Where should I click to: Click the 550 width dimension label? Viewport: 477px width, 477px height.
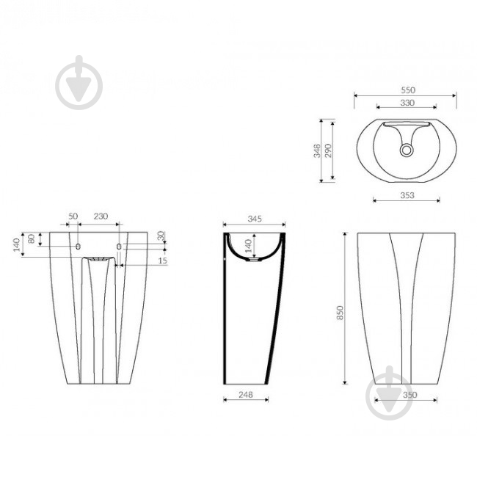pyautogui.click(x=407, y=90)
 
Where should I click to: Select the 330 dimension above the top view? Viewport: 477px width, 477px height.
pyautogui.click(x=407, y=103)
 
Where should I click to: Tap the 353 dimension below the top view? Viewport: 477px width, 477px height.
pyautogui.click(x=407, y=195)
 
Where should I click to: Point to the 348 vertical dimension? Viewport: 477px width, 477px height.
pyautogui.click(x=317, y=151)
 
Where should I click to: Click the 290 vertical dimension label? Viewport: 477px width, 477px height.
pyautogui.click(x=328, y=150)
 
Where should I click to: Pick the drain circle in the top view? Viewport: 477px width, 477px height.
pyautogui.click(x=406, y=150)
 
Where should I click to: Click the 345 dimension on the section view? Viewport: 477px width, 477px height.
pyautogui.click(x=255, y=219)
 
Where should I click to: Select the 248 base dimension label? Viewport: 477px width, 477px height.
pyautogui.click(x=246, y=395)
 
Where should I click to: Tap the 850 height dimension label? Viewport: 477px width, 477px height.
pyautogui.click(x=340, y=313)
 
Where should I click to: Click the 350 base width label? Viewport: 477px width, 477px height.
pyautogui.click(x=409, y=395)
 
